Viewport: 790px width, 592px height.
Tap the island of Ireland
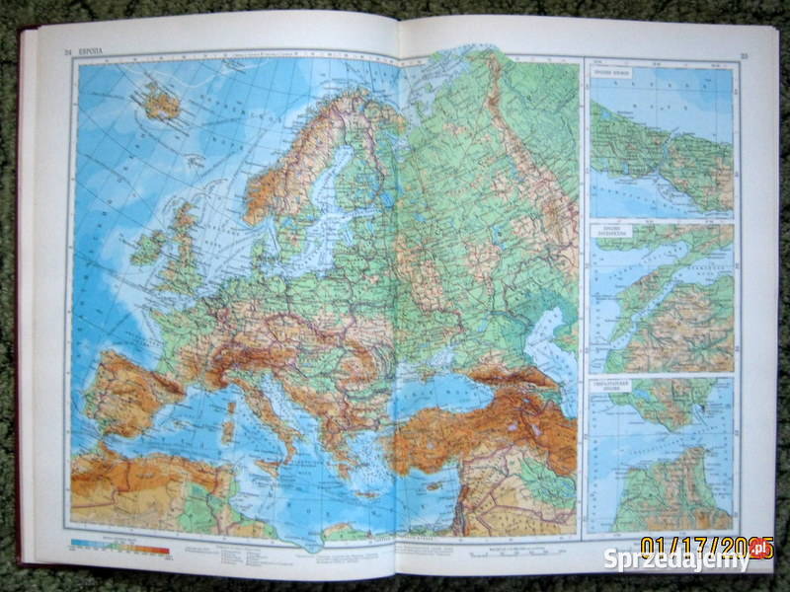[148, 246]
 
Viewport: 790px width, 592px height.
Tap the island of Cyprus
[434, 485]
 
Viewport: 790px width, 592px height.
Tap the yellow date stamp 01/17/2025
[706, 544]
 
